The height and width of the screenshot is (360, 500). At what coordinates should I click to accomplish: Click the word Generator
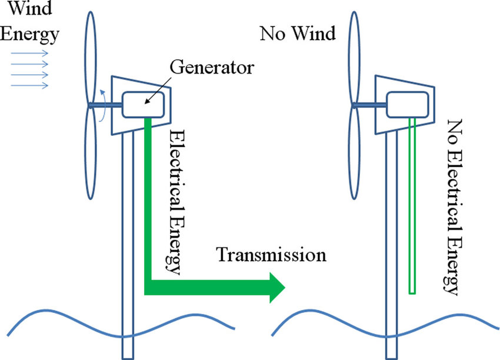(212, 66)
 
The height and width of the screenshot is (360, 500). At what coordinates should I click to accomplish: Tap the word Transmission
(271, 255)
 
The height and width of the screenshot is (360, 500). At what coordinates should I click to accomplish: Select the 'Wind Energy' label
(29, 22)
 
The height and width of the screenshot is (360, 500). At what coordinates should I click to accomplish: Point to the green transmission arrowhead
(276, 288)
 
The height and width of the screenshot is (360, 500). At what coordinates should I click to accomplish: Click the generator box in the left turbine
(142, 105)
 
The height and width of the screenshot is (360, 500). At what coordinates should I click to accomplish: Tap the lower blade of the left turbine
(92, 159)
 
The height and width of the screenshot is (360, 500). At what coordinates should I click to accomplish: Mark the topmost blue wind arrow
(29, 51)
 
